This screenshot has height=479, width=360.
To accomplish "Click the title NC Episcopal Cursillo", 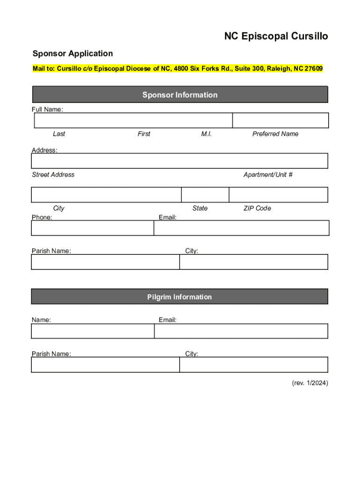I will [276, 36].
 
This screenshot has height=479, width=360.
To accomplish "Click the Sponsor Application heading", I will [72, 53].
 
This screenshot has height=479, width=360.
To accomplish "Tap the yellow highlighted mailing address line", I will [177, 69].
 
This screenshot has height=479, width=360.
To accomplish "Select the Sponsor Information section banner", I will [180, 95].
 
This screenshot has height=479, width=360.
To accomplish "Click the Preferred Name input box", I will [281, 120].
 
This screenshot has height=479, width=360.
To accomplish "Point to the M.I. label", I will [207, 134].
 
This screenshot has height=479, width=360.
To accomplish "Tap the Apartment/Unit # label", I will [268, 174].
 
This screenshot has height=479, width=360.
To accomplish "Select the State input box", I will [205, 195].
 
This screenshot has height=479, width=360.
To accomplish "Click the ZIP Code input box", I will [279, 195].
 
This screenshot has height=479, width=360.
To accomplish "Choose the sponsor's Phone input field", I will [93, 228].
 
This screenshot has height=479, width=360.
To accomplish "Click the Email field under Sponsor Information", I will [241, 228].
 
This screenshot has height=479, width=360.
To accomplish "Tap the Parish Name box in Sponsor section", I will [105, 262].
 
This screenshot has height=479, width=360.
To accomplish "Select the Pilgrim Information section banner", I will [180, 297].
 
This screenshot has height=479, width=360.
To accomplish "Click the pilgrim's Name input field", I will [93, 331].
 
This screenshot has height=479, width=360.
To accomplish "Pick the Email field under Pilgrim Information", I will [241, 331].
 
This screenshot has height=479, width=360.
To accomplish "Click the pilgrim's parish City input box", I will [254, 365].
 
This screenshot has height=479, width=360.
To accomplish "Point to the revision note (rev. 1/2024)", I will [310, 383].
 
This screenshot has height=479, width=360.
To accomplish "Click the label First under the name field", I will [144, 134].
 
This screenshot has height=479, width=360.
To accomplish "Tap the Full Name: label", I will [47, 109].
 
